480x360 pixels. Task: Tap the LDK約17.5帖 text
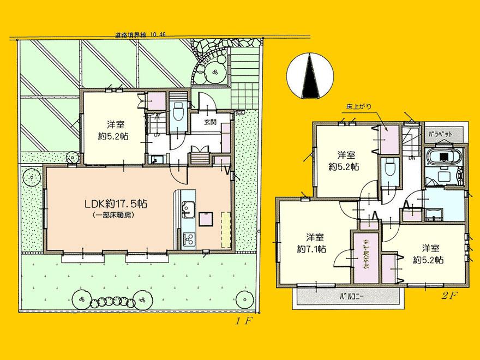(x=116, y=205)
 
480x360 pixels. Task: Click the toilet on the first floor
(x=177, y=115)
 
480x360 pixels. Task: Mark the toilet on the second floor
(x=389, y=170)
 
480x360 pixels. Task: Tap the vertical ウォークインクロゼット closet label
(x=360, y=256)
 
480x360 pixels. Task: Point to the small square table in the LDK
(x=206, y=218)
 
